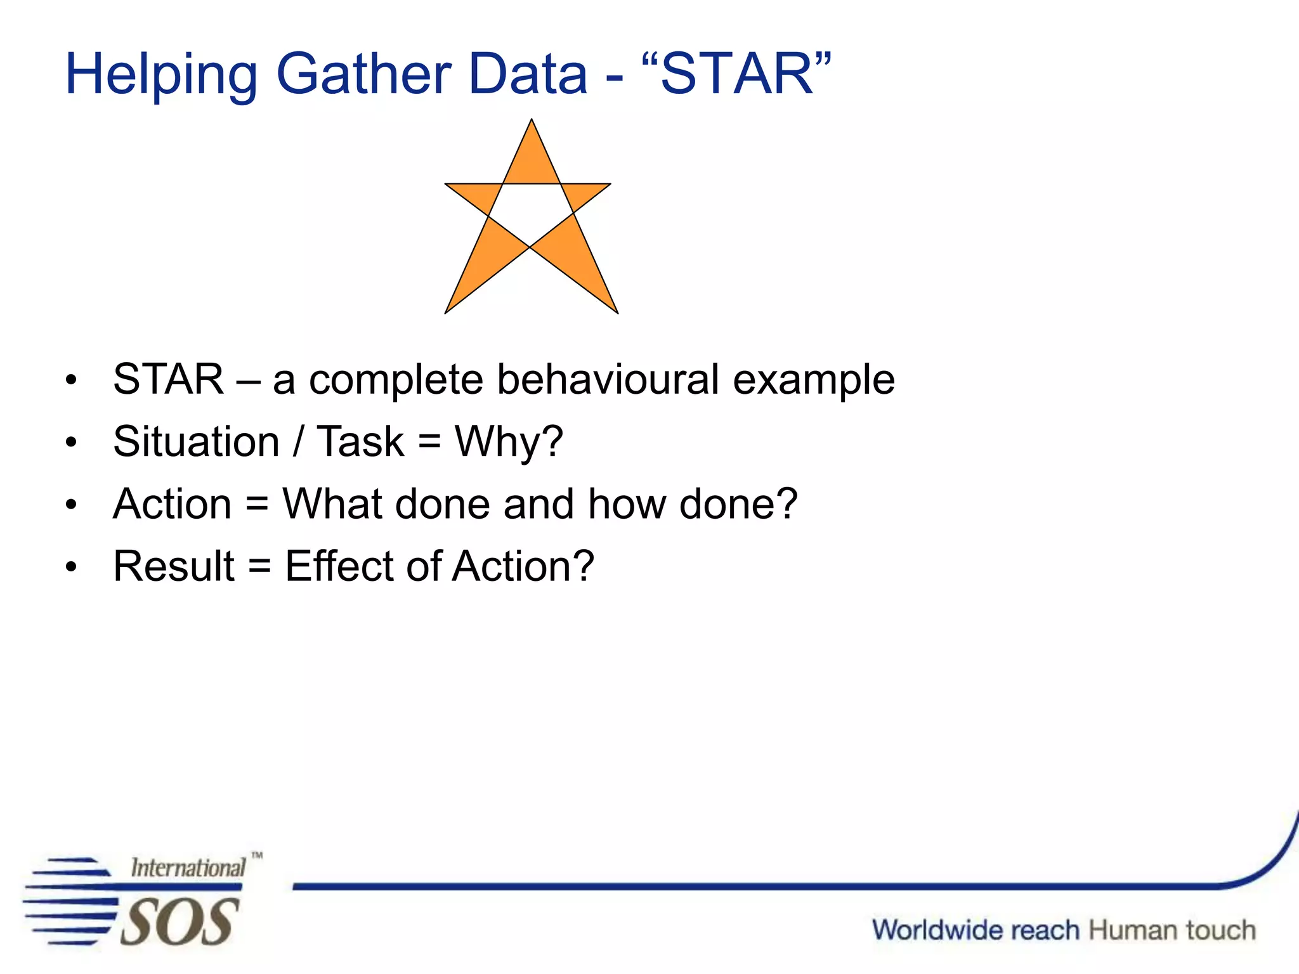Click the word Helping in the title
tap(161, 75)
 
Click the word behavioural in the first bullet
tap(608, 379)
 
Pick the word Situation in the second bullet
tap(196, 441)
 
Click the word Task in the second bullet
tap(360, 441)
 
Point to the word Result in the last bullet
tap(174, 566)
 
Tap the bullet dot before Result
tap(71, 567)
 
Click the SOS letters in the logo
tap(180, 922)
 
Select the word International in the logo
tap(188, 867)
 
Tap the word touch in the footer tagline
tap(1220, 930)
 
